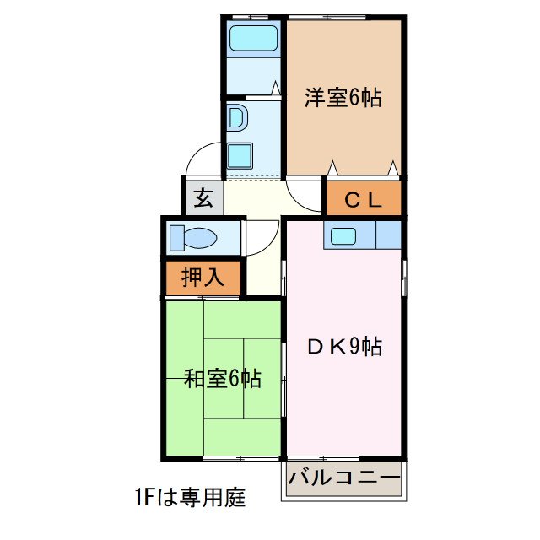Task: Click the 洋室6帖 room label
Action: tap(343, 99)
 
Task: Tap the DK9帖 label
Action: tap(344, 346)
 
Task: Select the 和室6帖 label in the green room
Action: tap(223, 379)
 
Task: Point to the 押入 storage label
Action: tap(203, 278)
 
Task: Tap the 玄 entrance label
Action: tap(203, 199)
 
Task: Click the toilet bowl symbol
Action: tap(199, 238)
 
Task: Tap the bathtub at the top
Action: tap(254, 39)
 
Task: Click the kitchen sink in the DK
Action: tap(347, 236)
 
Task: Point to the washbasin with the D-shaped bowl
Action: tap(236, 118)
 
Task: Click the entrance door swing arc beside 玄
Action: tap(201, 162)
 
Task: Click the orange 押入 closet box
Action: tap(203, 278)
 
